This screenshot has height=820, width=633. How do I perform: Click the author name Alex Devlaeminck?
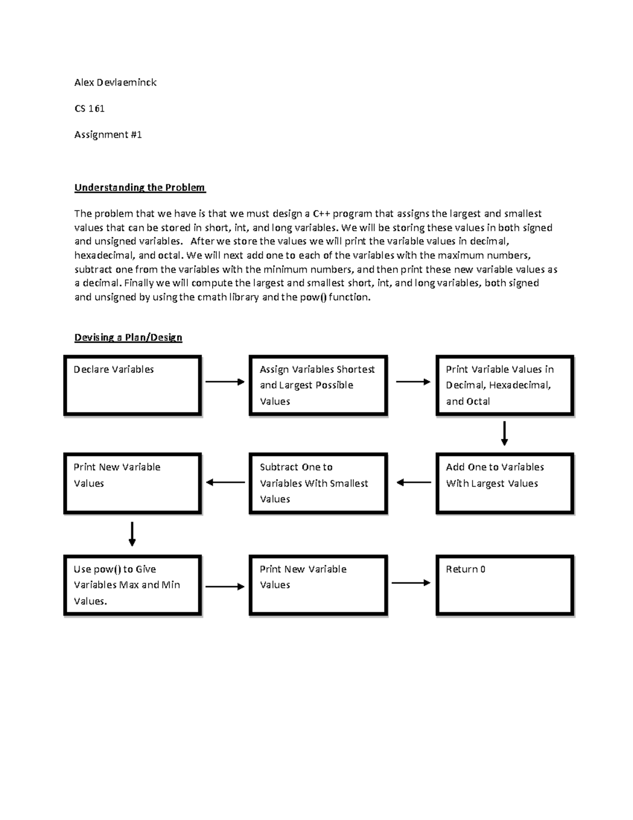point(115,82)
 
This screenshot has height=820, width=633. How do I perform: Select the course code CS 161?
point(89,109)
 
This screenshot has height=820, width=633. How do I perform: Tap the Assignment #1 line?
point(108,135)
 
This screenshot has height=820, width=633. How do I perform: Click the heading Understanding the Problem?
point(140,187)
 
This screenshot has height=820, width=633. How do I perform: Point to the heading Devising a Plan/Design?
point(128,337)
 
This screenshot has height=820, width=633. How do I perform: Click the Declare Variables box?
point(132,385)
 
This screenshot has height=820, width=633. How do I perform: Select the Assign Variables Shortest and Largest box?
point(318,385)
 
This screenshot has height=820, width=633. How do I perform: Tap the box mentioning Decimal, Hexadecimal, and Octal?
point(504,385)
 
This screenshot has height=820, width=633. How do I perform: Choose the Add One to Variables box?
point(504,483)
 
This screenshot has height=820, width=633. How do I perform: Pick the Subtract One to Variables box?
point(318,483)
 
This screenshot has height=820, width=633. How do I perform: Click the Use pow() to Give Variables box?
point(132,585)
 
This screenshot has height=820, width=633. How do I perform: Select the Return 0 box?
point(504,585)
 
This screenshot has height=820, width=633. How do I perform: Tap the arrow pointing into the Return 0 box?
point(411,583)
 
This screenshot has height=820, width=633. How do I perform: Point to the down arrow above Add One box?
point(504,433)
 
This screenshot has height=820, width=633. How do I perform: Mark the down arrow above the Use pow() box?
point(132,534)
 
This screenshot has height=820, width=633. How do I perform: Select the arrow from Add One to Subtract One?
point(414,482)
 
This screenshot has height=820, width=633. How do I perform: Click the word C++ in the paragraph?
point(321,214)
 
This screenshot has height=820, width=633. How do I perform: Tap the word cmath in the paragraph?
point(212,297)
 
